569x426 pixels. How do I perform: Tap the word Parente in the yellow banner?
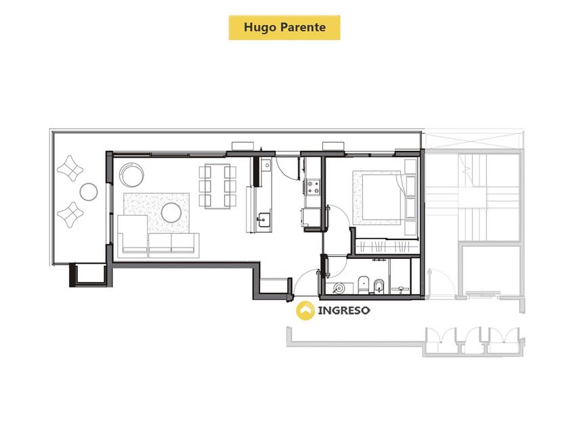[x=303, y=27]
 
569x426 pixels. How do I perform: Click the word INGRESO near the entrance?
[x=344, y=310]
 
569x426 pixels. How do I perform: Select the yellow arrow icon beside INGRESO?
[x=305, y=310]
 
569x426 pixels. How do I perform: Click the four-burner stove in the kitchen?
[x=313, y=187]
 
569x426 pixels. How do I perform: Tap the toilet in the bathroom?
[x=363, y=285]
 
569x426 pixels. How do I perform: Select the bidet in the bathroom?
[x=379, y=286]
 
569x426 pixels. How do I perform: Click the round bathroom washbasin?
[x=339, y=288]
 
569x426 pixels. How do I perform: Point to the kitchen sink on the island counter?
[x=264, y=219]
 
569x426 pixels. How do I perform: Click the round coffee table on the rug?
[x=171, y=212]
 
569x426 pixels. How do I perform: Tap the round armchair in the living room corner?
[x=132, y=174]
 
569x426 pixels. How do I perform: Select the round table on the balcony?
[x=89, y=191]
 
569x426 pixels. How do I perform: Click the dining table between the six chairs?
[x=217, y=187]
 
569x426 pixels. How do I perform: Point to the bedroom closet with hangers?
[x=386, y=247]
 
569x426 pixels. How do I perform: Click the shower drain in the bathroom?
[x=400, y=289]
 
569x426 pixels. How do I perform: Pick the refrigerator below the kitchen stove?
[x=310, y=217]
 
